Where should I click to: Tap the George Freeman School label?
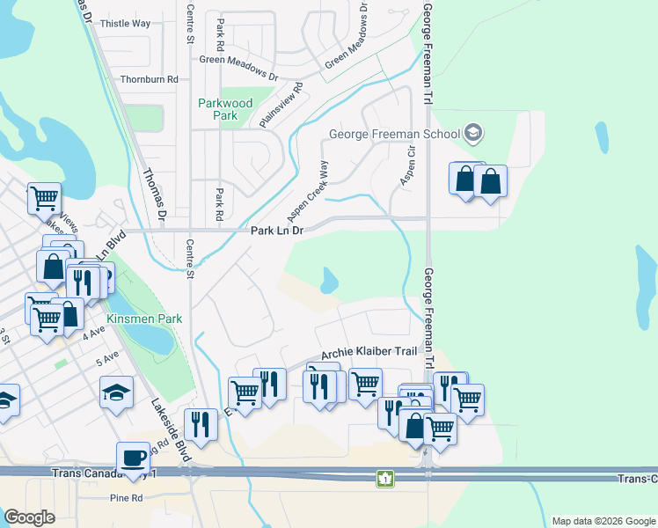pos(394,135)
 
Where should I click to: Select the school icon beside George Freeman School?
pos(473,134)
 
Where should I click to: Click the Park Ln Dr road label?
pos(277,231)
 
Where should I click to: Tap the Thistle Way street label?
pos(126,24)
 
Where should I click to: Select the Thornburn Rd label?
pos(149,79)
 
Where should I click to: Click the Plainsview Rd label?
pos(283,105)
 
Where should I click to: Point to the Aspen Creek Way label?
pos(308,191)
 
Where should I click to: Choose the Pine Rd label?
pos(127,498)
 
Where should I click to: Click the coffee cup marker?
pos(133,458)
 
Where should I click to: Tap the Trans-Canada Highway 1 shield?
pos(384,479)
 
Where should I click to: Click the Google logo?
pos(29,517)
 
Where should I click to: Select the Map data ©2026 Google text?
pos(603,521)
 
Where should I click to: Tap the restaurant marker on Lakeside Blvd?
pos(201,425)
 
